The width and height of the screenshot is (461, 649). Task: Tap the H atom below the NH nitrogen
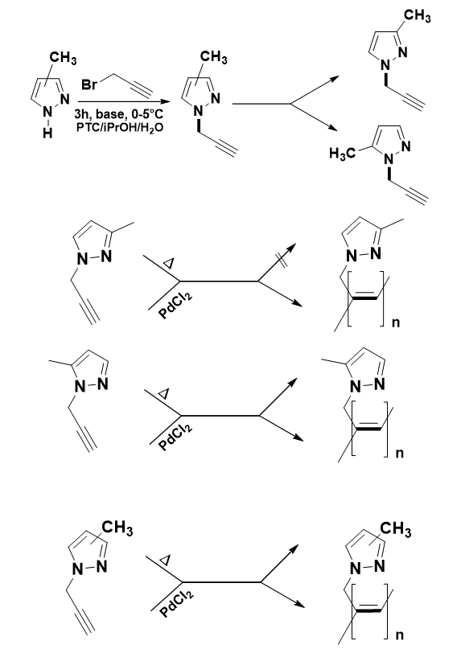pyautogui.click(x=48, y=133)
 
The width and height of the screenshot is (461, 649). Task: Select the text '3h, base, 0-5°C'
pyautogui.click(x=118, y=114)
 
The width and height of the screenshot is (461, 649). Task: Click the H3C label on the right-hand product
pyautogui.click(x=342, y=154)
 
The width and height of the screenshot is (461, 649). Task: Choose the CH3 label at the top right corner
pyautogui.click(x=417, y=16)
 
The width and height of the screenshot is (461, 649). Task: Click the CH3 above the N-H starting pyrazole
pyautogui.click(x=63, y=58)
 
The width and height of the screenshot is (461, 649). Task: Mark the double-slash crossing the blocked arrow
pyautogui.click(x=282, y=261)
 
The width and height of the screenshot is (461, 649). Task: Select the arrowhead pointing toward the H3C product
pyautogui.click(x=332, y=128)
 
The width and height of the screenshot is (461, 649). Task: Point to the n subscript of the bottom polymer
pyautogui.click(x=400, y=635)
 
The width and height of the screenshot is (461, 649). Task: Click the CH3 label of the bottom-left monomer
pyautogui.click(x=117, y=528)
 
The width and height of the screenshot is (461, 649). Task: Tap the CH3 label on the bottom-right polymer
pyautogui.click(x=396, y=529)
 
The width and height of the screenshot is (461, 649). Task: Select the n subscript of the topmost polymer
pyautogui.click(x=396, y=322)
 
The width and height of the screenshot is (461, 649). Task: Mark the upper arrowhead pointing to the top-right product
pyautogui.click(x=333, y=79)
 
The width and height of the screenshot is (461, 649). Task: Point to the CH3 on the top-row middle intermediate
pyautogui.click(x=213, y=58)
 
